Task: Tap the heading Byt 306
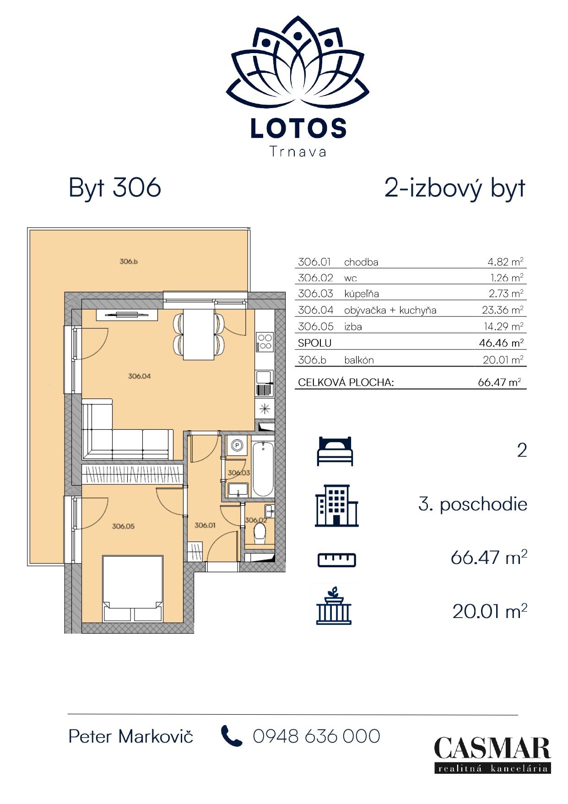(115, 188)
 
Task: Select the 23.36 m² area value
(502, 310)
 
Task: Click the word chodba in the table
(361, 262)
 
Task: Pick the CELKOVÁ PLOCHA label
(346, 382)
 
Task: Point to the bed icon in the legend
(335, 451)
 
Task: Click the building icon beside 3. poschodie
(336, 506)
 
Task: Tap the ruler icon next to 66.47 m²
(337, 559)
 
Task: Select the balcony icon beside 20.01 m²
(334, 606)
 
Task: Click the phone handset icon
(232, 736)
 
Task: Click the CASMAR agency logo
(492, 755)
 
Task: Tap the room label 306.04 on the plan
(140, 376)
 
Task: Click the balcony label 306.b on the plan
(129, 262)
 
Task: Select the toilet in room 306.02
(260, 534)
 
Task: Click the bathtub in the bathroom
(263, 469)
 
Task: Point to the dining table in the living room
(199, 334)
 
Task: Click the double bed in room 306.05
(133, 589)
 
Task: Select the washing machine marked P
(237, 445)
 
